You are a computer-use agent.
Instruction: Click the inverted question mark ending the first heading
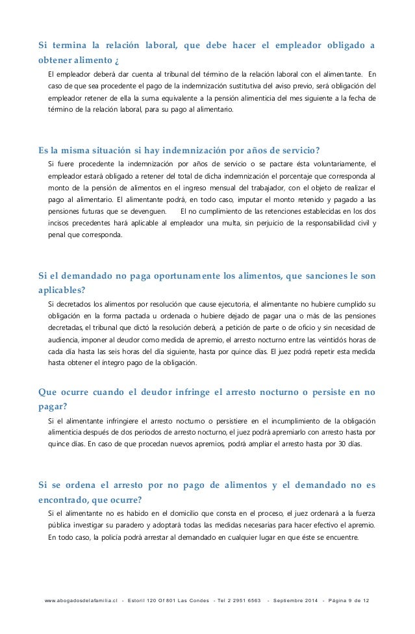(x=117, y=62)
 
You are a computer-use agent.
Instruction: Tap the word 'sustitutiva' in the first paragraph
(x=273, y=86)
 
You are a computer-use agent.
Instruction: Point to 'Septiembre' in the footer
(x=293, y=599)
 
